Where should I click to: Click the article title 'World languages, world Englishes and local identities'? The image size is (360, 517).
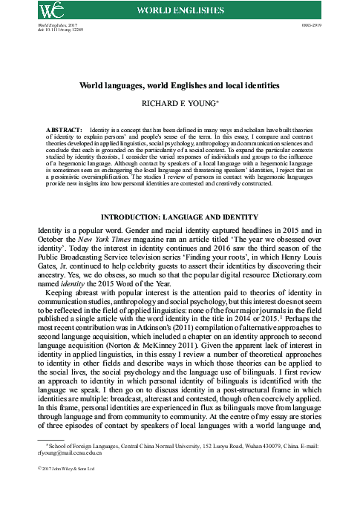(x=180, y=86)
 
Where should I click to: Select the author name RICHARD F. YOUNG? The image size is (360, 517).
(x=180, y=105)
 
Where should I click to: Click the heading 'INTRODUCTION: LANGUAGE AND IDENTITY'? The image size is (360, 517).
(x=180, y=216)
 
